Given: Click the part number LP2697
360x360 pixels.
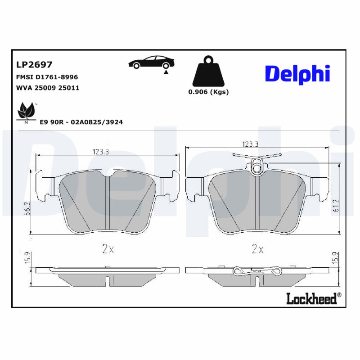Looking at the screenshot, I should (x=34, y=66).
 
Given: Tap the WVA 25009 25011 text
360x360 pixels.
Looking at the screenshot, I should (x=48, y=88).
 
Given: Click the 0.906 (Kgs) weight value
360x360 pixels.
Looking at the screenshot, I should (x=208, y=92).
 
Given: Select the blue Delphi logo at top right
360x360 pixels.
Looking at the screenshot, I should (x=297, y=73).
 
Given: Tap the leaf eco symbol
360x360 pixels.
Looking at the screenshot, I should (x=25, y=111).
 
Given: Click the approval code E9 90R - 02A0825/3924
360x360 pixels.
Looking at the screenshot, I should (x=81, y=122).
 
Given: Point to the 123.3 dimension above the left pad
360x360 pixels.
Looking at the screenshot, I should (x=101, y=152).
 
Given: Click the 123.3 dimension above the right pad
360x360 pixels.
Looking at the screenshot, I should (x=250, y=144).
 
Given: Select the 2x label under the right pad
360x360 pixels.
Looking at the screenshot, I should (x=257, y=249).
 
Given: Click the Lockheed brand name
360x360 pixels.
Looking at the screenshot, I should (x=311, y=299).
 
